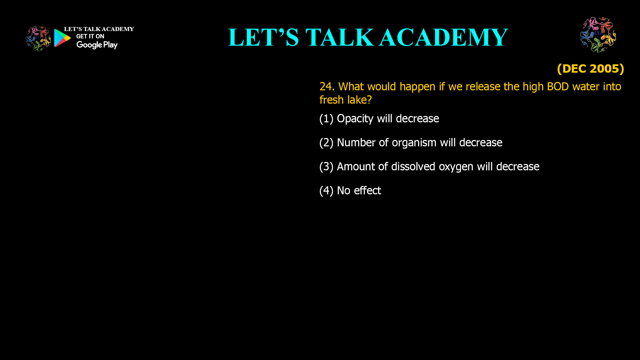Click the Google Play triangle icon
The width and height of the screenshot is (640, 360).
[62, 38]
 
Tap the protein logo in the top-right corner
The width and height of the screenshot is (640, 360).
[598, 35]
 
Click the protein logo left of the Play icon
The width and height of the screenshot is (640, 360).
[38, 39]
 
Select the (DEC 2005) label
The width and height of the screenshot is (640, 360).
[590, 69]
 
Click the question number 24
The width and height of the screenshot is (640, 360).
[327, 87]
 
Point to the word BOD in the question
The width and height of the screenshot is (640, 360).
[558, 87]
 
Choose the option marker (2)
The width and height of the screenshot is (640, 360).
[326, 143]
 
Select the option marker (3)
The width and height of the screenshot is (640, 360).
[326, 167]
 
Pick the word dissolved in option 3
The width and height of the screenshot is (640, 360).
[413, 167]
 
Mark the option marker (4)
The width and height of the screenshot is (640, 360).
[326, 191]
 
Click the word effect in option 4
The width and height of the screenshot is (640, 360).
[367, 191]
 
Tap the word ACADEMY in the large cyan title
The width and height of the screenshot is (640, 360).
[444, 37]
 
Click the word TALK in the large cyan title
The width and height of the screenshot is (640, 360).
[340, 37]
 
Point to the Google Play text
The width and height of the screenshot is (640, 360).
[97, 45]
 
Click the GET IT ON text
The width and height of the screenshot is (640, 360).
[90, 36]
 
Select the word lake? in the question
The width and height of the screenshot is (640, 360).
[359, 100]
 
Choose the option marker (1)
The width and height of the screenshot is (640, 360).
[326, 119]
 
